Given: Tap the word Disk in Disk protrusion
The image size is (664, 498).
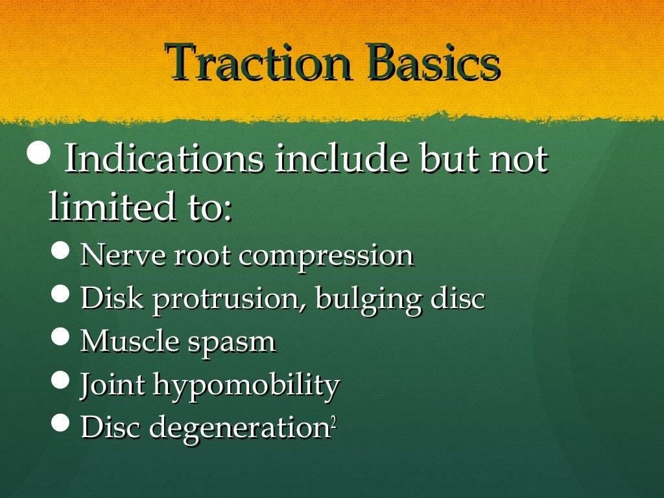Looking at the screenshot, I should coord(111,299).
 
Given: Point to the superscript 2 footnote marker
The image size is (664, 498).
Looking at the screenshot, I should coord(333,422).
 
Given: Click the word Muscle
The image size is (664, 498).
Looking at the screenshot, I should coord(129,342).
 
